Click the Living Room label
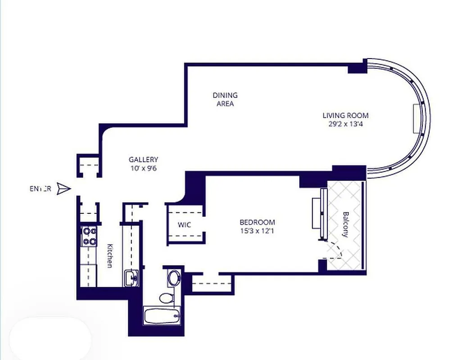345,115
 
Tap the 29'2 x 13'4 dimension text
345,124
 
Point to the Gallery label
143,159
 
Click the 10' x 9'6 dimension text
143,168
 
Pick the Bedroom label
257,222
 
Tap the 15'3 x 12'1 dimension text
257,231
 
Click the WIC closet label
185,225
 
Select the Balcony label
345,225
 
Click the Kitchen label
109,256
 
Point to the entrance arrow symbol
64,189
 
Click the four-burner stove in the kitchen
89,237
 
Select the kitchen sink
131,278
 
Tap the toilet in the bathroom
167,297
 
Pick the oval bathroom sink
173,278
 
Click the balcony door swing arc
336,250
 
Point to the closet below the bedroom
212,283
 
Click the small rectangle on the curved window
416,118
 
